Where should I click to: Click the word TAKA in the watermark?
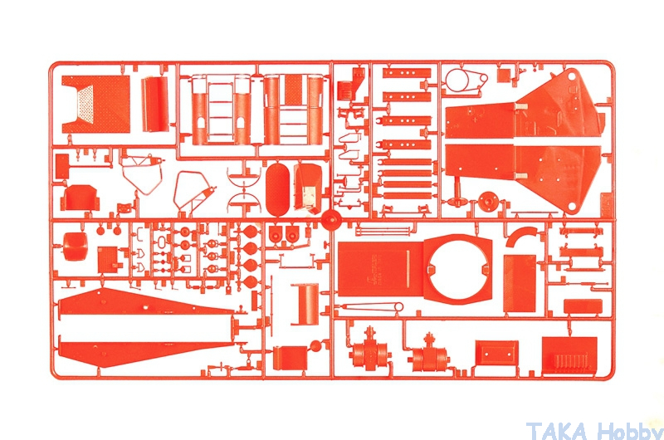click(x=557, y=431)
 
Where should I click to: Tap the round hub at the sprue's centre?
click(x=331, y=220)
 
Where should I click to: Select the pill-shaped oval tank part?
click(x=277, y=190)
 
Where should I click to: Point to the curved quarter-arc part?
click(x=522, y=236)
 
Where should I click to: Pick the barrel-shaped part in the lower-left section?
click(x=76, y=246)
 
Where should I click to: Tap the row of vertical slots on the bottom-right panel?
click(x=571, y=361)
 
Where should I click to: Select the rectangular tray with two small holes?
click(x=496, y=353)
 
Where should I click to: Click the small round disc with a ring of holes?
click(x=488, y=200)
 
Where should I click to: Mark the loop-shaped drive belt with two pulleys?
click(x=465, y=80)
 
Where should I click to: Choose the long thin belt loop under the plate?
click(x=372, y=306)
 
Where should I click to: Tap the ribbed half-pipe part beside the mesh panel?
click(x=154, y=104)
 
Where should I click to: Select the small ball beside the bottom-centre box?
click(x=315, y=345)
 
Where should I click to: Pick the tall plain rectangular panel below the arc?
click(x=520, y=283)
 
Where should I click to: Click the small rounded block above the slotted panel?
click(x=583, y=306)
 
